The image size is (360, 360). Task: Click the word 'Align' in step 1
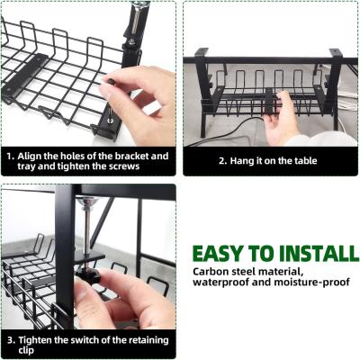(x=29, y=157)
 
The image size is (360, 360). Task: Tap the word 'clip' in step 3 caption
(x=26, y=350)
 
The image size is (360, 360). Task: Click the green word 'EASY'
(x=218, y=254)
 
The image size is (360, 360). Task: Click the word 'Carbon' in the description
(x=208, y=272)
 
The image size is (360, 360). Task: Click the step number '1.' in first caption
(x=11, y=157)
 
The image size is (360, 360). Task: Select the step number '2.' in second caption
(x=223, y=161)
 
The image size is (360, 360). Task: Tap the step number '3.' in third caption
(x=12, y=340)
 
